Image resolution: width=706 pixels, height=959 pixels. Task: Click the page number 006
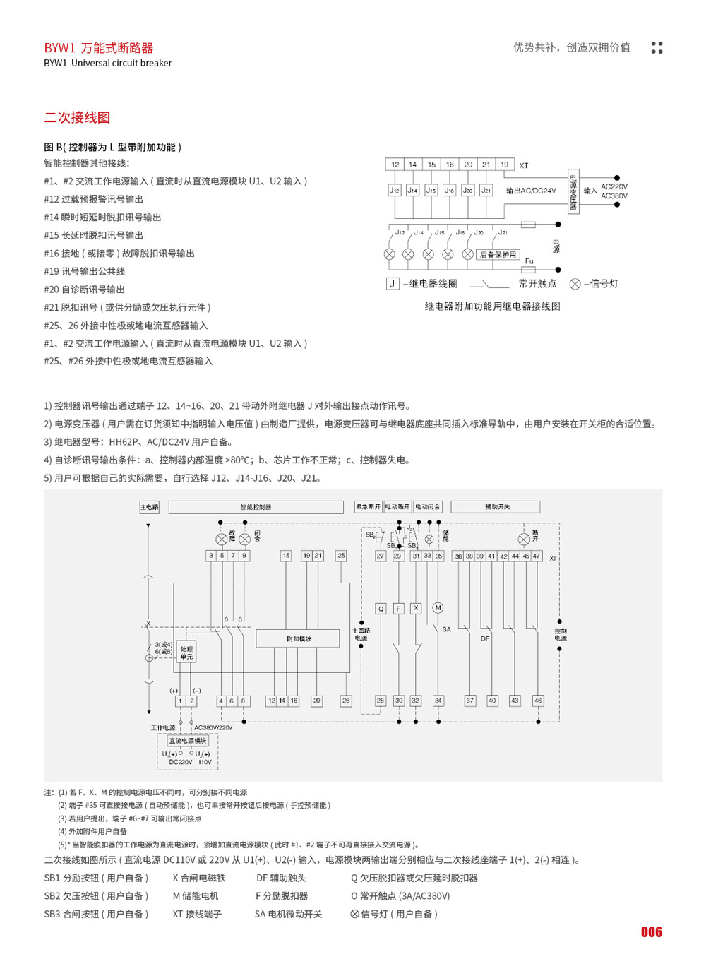point(651,932)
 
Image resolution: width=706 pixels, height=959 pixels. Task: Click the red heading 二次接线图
point(77,117)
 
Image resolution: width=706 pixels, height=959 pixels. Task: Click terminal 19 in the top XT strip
point(504,165)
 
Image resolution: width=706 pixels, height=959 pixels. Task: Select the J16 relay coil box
point(449,190)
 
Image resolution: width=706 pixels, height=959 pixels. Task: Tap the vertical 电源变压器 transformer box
point(573,191)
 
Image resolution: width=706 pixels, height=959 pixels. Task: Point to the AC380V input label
point(614,196)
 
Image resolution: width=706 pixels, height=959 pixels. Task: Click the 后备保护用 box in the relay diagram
point(498,255)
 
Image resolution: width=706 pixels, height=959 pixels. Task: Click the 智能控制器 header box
point(256,507)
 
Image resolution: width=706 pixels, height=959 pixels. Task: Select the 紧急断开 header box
point(368,507)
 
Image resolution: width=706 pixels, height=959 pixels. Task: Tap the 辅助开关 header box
point(496,507)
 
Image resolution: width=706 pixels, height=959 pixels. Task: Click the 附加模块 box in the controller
point(299,638)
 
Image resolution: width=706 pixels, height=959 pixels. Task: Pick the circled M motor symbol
point(438,607)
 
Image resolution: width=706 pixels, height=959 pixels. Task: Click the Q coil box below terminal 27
point(381,608)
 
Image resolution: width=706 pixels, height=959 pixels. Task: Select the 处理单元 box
point(186,653)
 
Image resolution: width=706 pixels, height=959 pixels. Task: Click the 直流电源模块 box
point(188,741)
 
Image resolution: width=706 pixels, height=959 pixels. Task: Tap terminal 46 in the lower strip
point(538,701)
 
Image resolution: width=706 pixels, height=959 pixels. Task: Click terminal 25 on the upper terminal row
point(341,556)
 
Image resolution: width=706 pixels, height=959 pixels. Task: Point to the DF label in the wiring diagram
point(485,638)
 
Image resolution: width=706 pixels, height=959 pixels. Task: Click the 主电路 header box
point(149,507)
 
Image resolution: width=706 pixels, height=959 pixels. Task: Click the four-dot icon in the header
point(657,47)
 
